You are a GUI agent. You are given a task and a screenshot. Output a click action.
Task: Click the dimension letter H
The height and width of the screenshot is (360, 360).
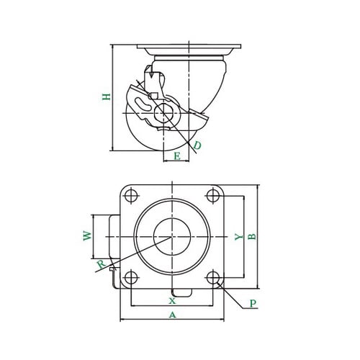click(107, 96)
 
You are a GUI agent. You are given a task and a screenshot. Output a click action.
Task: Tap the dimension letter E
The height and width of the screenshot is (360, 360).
click(177, 156)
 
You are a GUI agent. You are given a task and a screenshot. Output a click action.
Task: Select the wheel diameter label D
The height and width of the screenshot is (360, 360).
click(197, 145)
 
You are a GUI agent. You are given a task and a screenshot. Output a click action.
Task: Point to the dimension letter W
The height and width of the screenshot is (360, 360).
click(87, 235)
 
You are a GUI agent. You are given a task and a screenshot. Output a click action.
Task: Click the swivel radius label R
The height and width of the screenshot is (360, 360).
click(102, 264)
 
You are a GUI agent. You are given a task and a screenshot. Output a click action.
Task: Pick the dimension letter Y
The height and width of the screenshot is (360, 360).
click(238, 237)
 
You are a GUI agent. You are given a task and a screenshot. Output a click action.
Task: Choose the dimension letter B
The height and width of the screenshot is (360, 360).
click(252, 237)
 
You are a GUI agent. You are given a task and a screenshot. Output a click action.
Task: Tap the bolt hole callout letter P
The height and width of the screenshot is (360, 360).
click(253, 303)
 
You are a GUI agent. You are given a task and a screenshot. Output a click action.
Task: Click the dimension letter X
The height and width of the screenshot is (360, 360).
click(172, 301)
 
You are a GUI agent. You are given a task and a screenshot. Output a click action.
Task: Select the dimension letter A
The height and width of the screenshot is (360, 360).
click(172, 315)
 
